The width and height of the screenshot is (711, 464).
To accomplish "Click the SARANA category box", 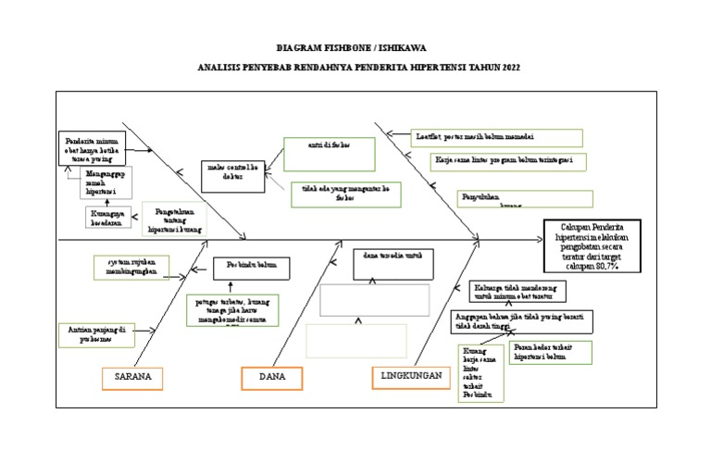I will (132, 378).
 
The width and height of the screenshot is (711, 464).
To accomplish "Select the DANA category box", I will (272, 378).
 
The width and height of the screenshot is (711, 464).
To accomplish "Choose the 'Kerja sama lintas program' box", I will (507, 162).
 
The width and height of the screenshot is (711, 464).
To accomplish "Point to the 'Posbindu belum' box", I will (251, 269).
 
